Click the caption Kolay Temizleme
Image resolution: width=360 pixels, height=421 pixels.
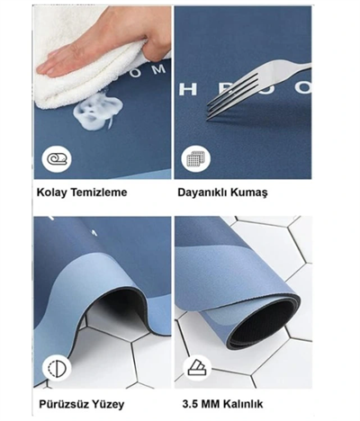click(x=82, y=192)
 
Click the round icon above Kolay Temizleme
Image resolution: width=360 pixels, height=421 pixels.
click(x=56, y=158)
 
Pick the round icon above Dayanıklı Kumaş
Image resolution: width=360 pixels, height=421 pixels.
click(x=194, y=158)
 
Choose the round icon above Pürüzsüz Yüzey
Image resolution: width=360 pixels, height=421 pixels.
click(x=56, y=367)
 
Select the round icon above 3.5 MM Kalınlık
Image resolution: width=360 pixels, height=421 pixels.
click(x=194, y=367)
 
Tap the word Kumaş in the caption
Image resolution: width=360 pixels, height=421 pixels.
click(x=256, y=192)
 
